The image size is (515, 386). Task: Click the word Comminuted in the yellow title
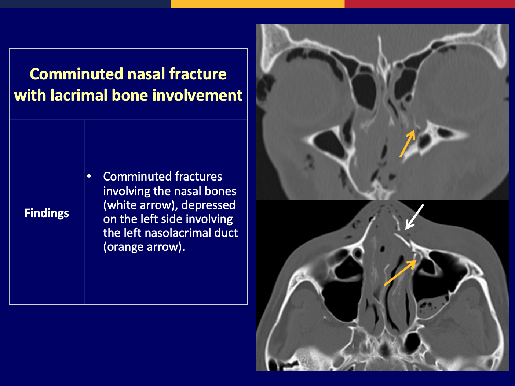pos(76,74)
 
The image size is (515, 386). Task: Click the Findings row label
pos(47,213)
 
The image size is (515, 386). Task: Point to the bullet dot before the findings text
pos(89,176)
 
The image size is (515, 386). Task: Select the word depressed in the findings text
pos(208,205)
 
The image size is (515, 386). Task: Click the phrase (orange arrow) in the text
pos(144,247)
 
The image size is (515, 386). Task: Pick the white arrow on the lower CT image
pos(414,217)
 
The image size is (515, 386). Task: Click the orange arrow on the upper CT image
pos(408,143)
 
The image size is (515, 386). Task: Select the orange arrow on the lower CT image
pos(400,273)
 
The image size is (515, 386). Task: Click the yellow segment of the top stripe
pos(257,4)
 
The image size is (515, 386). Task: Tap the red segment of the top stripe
pos(430,4)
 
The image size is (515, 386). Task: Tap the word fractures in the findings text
pos(198,177)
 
